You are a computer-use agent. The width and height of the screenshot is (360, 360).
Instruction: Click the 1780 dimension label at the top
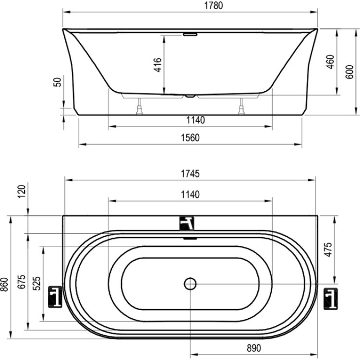(213, 5)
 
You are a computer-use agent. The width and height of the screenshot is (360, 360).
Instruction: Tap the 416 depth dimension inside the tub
(158, 65)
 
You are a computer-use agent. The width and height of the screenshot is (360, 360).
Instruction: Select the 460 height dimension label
(330, 61)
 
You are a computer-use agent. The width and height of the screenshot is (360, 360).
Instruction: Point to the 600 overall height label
(349, 72)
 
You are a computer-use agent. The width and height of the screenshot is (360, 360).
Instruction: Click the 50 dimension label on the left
(58, 82)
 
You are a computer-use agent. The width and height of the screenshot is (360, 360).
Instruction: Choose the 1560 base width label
(190, 138)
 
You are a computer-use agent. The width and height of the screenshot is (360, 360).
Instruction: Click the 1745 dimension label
(190, 174)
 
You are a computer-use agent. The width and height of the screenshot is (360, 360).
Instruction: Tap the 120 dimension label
(22, 191)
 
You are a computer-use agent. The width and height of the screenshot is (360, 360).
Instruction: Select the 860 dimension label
(4, 285)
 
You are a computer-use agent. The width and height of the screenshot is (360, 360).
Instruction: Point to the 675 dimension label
(22, 282)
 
